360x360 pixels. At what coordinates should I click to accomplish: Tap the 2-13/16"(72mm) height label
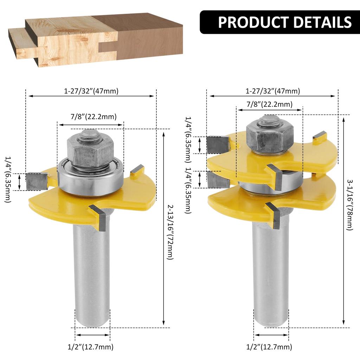[x=170, y=232]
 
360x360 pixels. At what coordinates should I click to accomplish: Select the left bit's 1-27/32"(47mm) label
[x=91, y=91]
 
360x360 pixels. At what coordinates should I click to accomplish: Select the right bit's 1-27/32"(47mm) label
[x=272, y=91]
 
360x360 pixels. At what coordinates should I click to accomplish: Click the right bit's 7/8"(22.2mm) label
[x=270, y=104]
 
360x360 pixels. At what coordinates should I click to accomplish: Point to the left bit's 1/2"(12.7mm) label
[x=90, y=347]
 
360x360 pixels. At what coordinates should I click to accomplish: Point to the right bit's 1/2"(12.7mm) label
[x=269, y=347]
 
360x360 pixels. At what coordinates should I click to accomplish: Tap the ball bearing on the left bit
[x=91, y=178]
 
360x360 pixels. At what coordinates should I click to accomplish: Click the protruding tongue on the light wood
[x=18, y=42]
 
